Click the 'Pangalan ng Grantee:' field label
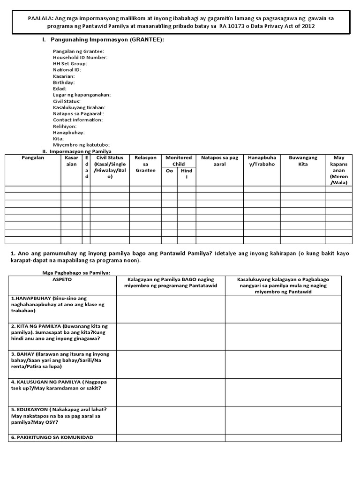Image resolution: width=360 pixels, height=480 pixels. click(x=79, y=51)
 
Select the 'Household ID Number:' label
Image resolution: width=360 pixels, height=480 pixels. click(x=80, y=57)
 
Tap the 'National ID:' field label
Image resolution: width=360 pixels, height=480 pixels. click(x=67, y=70)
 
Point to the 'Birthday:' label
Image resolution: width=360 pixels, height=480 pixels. click(x=64, y=82)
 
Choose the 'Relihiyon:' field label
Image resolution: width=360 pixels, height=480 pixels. click(x=65, y=127)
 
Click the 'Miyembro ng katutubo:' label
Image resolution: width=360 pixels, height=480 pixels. click(x=78, y=145)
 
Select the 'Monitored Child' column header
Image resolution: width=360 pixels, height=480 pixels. click(x=179, y=161)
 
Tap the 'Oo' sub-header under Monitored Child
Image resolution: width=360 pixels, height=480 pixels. click(x=170, y=171)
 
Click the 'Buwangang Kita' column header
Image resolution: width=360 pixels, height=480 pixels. click(x=303, y=161)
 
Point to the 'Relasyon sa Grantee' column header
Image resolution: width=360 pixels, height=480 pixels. click(x=145, y=164)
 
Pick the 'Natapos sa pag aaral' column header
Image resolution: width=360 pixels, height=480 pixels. click(x=219, y=161)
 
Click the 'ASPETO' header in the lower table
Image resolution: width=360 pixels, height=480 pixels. click(x=62, y=278)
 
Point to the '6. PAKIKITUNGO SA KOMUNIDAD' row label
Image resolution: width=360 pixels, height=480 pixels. click(x=52, y=437)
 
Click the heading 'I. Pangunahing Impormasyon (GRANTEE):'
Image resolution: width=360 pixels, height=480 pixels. click(x=104, y=40)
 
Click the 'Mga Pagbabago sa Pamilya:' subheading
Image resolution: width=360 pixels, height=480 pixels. click(x=73, y=272)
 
